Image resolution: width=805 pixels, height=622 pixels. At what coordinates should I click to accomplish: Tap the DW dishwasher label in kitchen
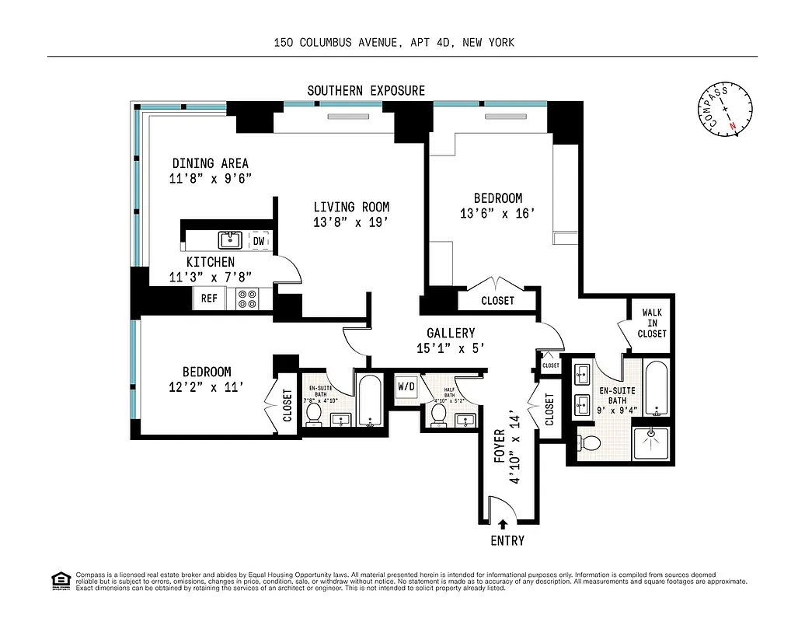point(259,242)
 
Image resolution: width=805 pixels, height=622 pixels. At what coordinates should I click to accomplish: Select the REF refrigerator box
point(209,298)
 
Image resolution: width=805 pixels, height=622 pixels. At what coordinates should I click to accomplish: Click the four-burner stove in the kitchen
point(248,299)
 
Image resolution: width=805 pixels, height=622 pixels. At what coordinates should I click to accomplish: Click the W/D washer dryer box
point(406,386)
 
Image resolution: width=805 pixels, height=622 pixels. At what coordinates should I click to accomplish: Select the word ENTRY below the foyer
point(507,540)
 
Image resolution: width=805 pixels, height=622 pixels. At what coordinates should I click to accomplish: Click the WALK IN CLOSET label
point(652,323)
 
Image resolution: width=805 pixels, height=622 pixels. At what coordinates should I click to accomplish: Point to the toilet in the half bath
point(439,414)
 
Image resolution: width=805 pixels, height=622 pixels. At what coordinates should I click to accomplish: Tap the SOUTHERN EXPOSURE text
point(366,91)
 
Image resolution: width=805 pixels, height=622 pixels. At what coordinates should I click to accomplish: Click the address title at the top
point(394,44)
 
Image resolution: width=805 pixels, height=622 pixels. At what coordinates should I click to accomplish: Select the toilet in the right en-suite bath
point(590,442)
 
